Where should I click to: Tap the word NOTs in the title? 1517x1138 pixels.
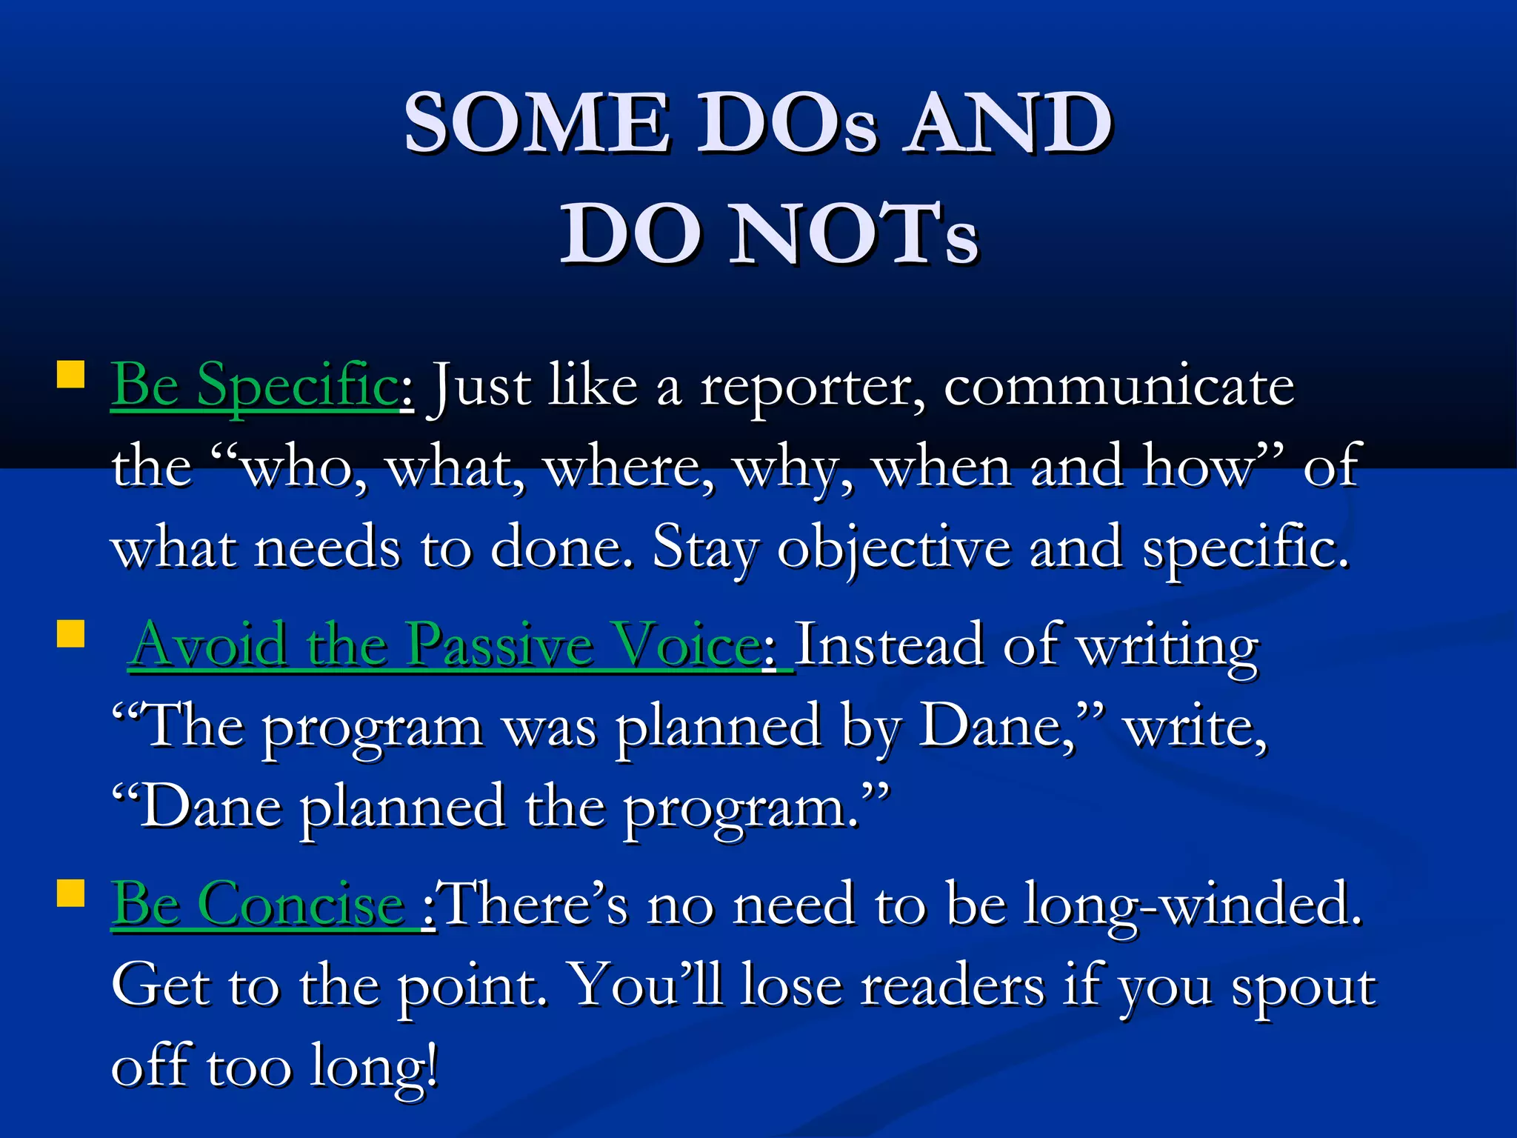[x=853, y=234]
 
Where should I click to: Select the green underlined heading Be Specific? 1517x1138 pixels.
[x=254, y=385]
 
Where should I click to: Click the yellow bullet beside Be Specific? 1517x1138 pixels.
[x=71, y=374]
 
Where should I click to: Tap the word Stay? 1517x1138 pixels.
[x=705, y=548]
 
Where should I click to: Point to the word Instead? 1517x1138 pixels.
[x=889, y=645]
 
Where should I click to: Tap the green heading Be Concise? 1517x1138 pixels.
[x=257, y=904]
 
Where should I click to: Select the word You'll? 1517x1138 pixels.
[x=649, y=985]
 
